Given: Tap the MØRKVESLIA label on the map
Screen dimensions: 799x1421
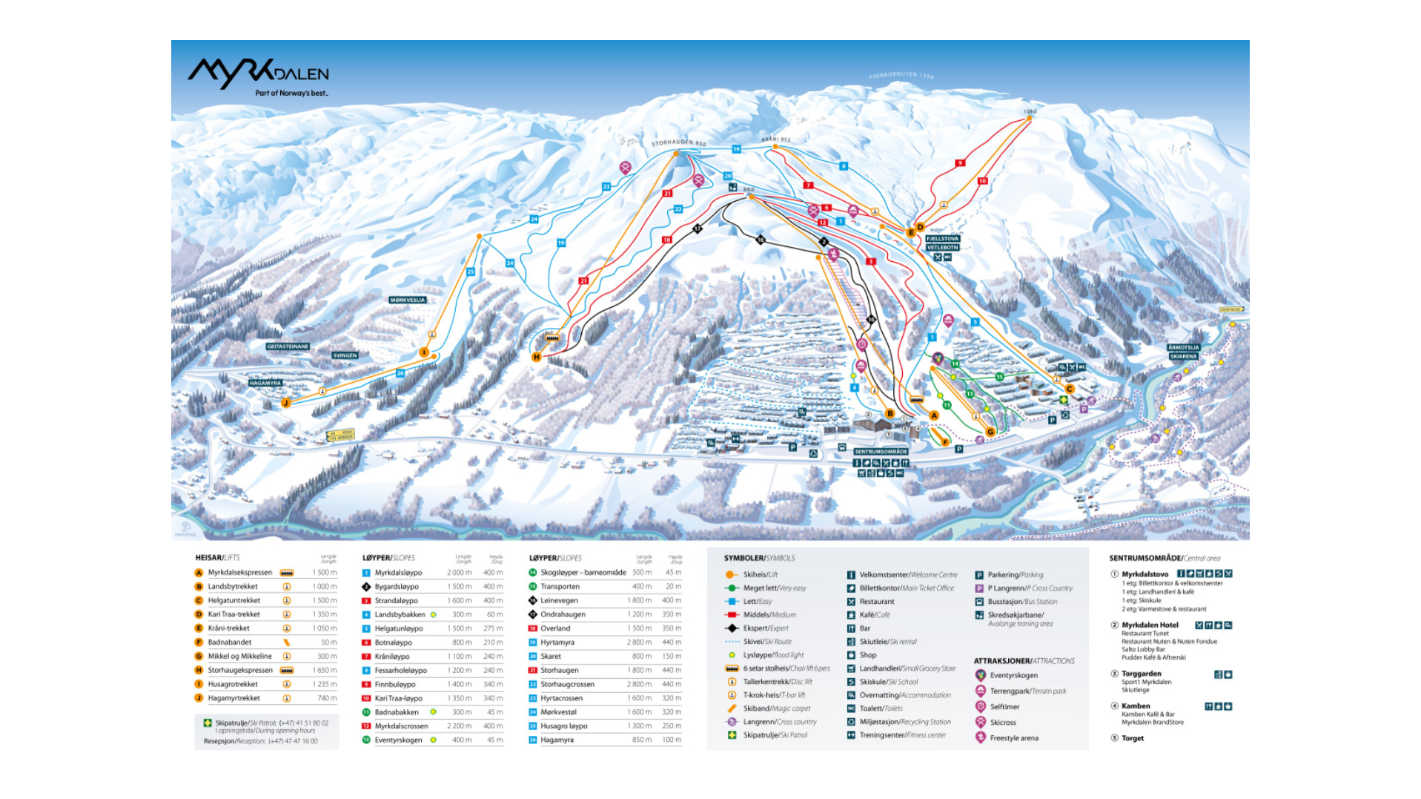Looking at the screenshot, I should (408, 300).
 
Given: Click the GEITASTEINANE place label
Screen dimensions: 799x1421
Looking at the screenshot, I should (288, 346).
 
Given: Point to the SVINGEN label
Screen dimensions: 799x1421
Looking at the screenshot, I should (345, 355).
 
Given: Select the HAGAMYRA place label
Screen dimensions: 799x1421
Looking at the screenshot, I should (265, 384).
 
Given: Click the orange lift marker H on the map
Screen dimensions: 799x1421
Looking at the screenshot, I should (537, 357).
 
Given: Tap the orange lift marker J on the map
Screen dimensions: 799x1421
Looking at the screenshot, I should (285, 403).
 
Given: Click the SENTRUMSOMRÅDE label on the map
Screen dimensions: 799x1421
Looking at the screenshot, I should (881, 452).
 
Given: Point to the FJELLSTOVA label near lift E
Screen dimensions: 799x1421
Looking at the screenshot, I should (942, 239).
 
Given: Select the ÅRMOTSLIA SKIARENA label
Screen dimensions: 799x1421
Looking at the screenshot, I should (1183, 352).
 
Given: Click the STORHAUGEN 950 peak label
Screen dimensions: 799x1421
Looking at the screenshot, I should (678, 142).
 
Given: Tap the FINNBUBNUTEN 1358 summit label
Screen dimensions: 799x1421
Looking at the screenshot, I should (901, 75).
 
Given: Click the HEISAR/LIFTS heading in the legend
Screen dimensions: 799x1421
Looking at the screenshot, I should (217, 558).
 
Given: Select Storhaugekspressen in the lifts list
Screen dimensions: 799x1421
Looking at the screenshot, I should (240, 670).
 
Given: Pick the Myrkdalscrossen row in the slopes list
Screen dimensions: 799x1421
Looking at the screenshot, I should (401, 726).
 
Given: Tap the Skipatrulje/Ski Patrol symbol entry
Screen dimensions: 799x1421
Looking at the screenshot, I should (775, 735).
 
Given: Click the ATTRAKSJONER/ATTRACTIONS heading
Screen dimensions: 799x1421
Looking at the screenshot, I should (1024, 661).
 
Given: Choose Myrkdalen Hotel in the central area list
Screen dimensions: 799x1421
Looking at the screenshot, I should (1150, 625).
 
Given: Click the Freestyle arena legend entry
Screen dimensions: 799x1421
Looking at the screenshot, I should (1013, 738).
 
